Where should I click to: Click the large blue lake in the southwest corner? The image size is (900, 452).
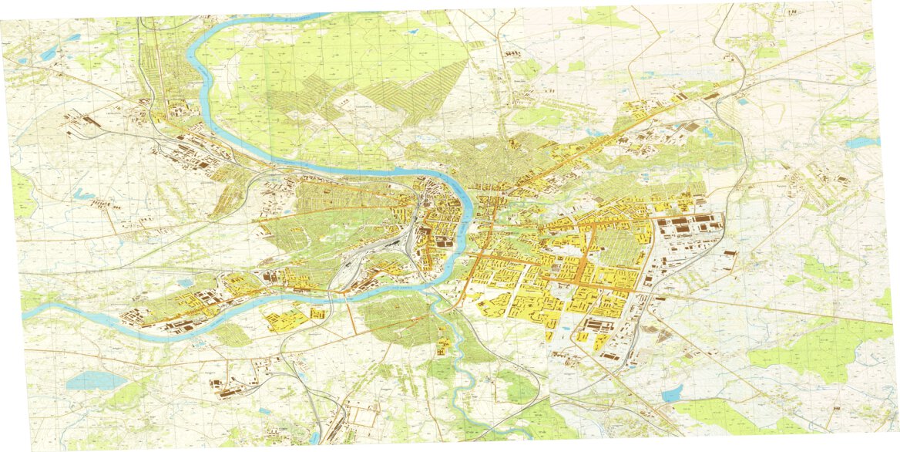[94, 379]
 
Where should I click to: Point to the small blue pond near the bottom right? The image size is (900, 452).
[671, 394]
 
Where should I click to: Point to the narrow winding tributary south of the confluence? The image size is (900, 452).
[462, 370]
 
